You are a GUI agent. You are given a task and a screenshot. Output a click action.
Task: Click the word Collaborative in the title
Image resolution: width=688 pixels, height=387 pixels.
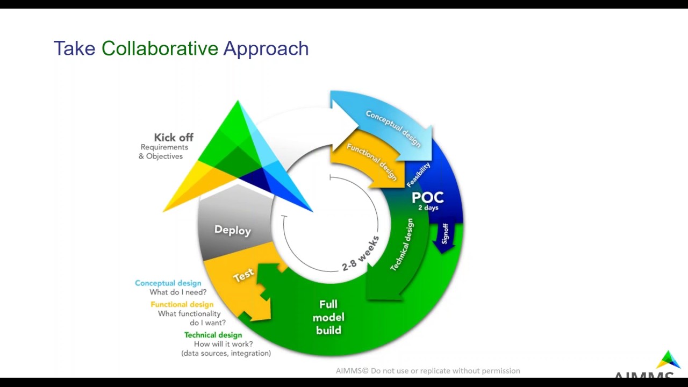point(160,48)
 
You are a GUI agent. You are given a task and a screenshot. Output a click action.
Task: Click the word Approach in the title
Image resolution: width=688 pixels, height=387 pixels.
point(266,49)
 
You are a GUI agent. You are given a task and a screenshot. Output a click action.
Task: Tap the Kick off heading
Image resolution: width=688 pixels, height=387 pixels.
point(173,137)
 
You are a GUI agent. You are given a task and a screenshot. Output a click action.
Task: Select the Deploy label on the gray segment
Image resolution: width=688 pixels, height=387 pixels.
point(232,230)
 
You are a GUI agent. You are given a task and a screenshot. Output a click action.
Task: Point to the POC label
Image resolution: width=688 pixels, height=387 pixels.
point(427,197)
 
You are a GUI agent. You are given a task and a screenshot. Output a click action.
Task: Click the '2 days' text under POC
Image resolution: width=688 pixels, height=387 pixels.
point(428,208)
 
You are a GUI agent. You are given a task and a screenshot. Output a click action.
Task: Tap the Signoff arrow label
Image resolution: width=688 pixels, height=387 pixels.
point(445,234)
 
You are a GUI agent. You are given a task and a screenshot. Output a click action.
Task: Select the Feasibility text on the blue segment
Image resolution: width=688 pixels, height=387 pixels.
point(418,175)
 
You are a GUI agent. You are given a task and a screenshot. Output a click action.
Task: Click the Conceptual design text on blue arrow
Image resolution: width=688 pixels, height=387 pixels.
point(393,128)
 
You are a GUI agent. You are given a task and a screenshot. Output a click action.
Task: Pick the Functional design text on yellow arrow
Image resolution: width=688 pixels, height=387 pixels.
point(371,161)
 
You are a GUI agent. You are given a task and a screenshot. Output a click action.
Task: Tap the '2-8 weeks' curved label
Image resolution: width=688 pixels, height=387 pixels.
point(361,253)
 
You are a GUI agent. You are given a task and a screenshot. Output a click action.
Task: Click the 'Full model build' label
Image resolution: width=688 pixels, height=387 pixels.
point(328,317)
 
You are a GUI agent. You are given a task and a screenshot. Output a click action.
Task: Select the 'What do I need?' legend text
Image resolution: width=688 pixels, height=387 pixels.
point(178,292)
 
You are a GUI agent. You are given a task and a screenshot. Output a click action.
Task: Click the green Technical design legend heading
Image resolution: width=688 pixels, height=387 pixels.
point(213,335)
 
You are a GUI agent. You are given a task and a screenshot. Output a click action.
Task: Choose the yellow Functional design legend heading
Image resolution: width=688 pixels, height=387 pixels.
point(182,304)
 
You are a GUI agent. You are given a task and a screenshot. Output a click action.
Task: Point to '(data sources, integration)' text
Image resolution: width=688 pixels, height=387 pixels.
point(226,353)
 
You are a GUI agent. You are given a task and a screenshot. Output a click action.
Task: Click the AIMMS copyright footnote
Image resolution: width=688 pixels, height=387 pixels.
point(428,371)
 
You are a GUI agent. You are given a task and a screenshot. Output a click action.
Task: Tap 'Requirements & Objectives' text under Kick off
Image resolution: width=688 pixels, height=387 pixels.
point(163,152)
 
